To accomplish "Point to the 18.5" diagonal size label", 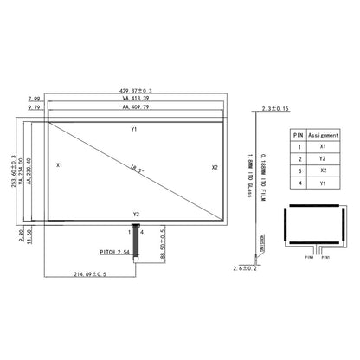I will click(x=137, y=168).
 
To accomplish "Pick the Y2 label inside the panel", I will click(x=135, y=214).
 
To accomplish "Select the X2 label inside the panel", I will click(x=215, y=167).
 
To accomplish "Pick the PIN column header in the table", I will click(x=298, y=135).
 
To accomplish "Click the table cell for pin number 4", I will click(x=298, y=184).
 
